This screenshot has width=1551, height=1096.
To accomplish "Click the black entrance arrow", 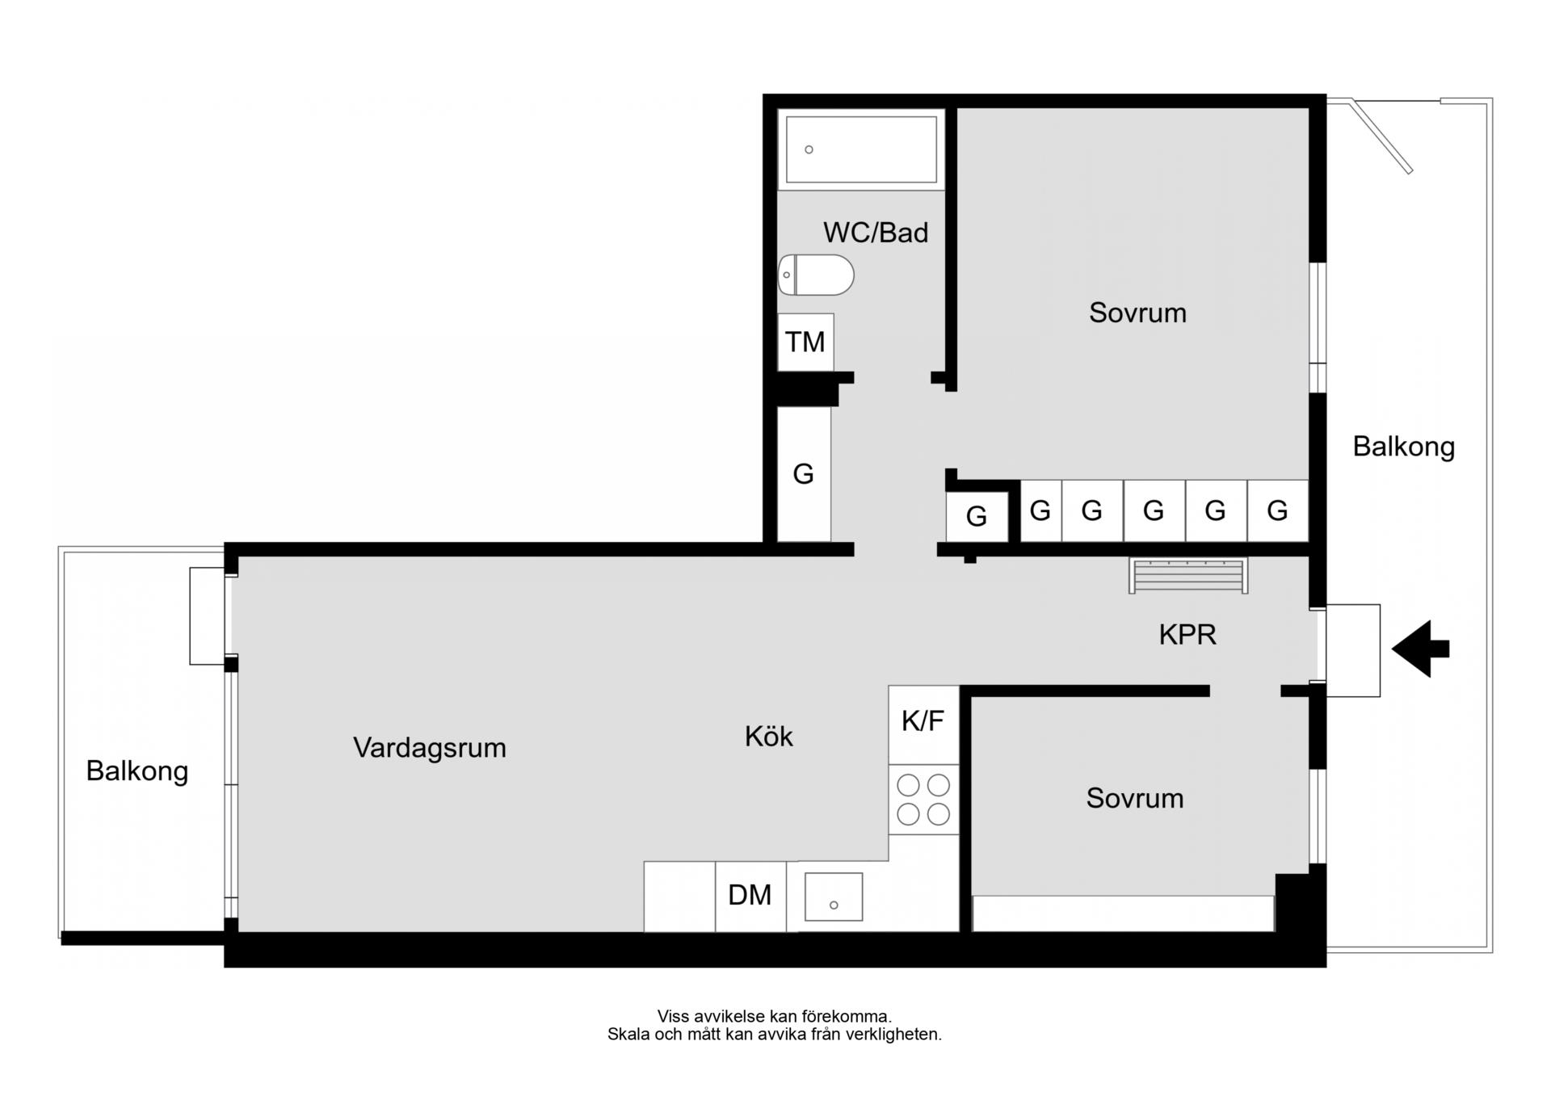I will [x=1419, y=649].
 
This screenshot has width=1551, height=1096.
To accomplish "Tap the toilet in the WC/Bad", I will [x=816, y=275].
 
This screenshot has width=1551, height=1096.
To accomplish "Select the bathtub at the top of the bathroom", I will [x=861, y=149].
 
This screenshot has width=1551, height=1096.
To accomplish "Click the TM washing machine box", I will [x=805, y=342].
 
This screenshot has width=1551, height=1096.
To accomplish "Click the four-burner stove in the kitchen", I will [x=923, y=800].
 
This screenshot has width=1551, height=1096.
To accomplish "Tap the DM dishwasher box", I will [x=750, y=896].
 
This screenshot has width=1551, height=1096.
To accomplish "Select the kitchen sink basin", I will [x=834, y=897].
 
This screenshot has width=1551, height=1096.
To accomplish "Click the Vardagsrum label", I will [x=430, y=748].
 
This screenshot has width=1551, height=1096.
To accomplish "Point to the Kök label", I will [x=769, y=737].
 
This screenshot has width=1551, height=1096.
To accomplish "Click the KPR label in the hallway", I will [x=1187, y=635].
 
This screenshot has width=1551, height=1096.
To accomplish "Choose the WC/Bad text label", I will [x=876, y=233].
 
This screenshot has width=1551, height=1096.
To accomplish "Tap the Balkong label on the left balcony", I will [x=137, y=771].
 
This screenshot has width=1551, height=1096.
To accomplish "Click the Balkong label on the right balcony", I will [x=1404, y=447].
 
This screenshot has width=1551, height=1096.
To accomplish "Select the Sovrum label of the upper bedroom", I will [x=1137, y=313].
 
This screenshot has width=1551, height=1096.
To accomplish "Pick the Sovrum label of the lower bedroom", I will [x=1135, y=799].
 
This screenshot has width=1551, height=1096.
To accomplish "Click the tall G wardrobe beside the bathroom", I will [x=804, y=474].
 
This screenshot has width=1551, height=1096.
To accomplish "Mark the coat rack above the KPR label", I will [x=1188, y=576].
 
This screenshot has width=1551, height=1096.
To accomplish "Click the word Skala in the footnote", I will [x=628, y=1035].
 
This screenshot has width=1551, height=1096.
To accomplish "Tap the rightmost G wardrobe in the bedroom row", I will [x=1277, y=510].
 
